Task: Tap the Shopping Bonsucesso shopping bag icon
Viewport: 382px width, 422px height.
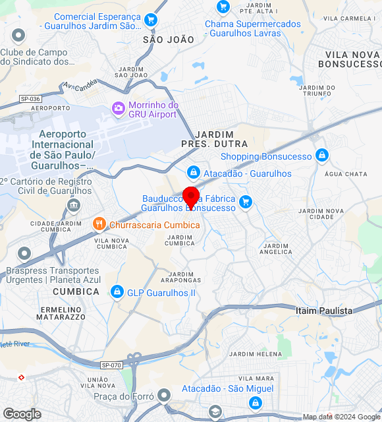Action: (321, 156)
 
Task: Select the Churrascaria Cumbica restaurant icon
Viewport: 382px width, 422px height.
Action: (99, 224)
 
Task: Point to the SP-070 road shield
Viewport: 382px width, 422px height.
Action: (111, 365)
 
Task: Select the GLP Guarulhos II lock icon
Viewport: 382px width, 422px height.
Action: (117, 291)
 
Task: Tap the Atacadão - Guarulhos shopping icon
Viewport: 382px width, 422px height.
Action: (193, 173)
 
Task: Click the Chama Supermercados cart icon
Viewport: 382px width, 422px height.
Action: (223, 7)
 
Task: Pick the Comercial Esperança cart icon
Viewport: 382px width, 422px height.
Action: (151, 20)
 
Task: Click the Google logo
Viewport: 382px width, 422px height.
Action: (22, 414)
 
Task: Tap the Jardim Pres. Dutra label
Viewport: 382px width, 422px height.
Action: (214, 138)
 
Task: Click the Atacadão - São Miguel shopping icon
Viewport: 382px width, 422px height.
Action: (255, 402)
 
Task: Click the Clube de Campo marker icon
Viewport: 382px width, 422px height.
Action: (18, 36)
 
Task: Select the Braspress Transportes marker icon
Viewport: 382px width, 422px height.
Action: (24, 253)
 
